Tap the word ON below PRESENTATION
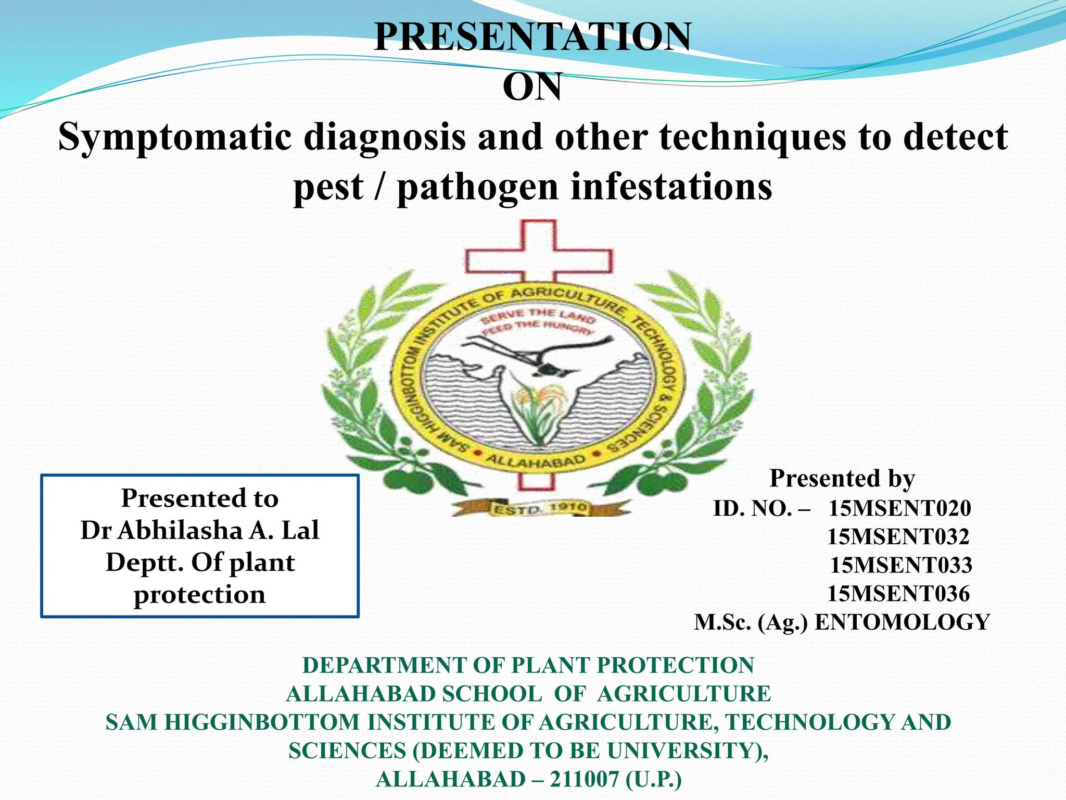tap(532, 87)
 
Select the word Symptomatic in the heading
tap(174, 137)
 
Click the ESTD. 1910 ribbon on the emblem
tap(539, 508)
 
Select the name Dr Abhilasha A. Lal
tap(199, 531)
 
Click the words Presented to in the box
tap(199, 498)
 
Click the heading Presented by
tap(842, 478)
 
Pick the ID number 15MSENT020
tap(899, 508)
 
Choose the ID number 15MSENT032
tap(898, 537)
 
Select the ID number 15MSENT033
tap(900, 566)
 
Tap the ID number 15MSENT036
tap(898, 594)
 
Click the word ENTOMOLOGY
tap(902, 622)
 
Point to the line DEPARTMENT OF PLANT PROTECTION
tap(528, 666)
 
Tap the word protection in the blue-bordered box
tap(199, 595)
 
